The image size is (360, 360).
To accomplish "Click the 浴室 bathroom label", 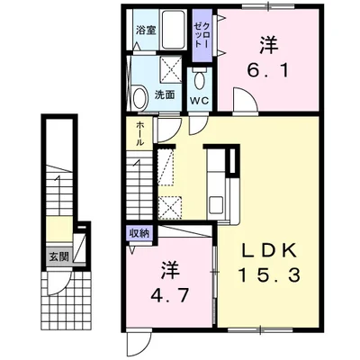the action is click(146, 31).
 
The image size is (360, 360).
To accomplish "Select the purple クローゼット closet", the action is click(202, 35).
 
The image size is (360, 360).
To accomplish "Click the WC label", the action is click(200, 101).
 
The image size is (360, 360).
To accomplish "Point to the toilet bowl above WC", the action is click(200, 79).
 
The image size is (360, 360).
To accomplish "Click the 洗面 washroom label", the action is click(165, 94).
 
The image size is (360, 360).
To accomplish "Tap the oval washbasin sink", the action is click(140, 97).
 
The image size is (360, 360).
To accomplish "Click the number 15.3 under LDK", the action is click(269, 275).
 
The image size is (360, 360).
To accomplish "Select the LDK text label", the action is click(269, 251).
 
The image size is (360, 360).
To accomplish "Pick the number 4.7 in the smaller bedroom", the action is click(169, 295).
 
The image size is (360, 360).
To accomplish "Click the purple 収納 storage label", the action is click(139, 233).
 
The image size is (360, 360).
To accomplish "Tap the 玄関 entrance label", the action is click(59, 256).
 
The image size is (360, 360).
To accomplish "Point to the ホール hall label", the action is click(139, 133).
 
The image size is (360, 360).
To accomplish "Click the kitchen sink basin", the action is click(216, 205).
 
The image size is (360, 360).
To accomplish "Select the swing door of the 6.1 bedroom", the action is click(245, 99).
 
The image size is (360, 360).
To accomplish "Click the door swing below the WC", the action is click(199, 126).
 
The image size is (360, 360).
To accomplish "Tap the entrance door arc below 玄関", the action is click(59, 284).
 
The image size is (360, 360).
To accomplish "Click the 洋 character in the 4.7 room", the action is click(170, 270).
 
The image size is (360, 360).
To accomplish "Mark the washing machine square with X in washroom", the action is click(171, 69).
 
